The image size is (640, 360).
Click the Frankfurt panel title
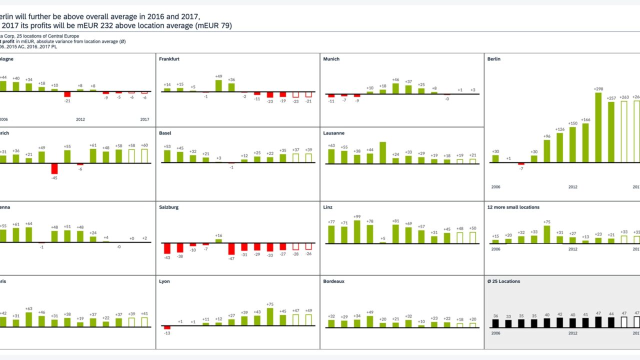click(169, 59)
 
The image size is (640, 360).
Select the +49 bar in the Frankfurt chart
click(218, 85)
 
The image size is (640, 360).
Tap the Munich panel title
click(331, 59)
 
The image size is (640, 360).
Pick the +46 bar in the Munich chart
click(395, 88)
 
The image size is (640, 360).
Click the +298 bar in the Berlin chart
click(598, 127)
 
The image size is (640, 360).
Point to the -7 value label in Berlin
click(521, 168)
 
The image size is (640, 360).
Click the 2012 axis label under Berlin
click(573, 187)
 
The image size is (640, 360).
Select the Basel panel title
click(165, 133)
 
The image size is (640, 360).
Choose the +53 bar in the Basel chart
click(167, 156)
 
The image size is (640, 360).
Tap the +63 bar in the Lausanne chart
click(331, 155)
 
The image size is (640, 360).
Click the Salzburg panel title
click(168, 207)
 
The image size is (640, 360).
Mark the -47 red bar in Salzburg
click(231, 249)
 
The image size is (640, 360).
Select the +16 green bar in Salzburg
click(218, 241)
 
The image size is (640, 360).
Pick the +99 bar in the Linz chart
click(357, 231)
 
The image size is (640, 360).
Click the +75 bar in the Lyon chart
click(270, 317)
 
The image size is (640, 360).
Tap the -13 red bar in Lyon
click(167, 328)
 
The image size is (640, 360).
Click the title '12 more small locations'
click(513, 207)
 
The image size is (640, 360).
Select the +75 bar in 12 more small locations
click(547, 234)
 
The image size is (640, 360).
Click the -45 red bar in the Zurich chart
click(54, 168)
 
